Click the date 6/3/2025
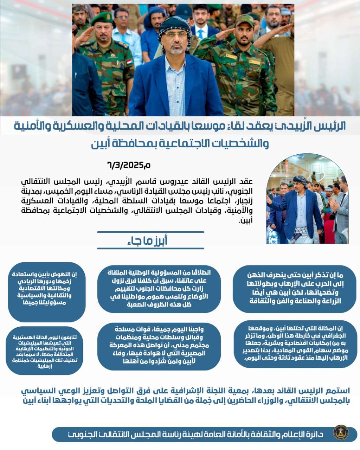point(129,165)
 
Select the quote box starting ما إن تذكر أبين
point(294,289)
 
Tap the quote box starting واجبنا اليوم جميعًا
point(159,345)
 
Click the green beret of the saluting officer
point(102,18)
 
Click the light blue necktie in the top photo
point(200,34)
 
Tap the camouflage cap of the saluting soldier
point(244,20)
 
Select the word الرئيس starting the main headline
point(334,126)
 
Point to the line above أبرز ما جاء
point(150,232)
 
